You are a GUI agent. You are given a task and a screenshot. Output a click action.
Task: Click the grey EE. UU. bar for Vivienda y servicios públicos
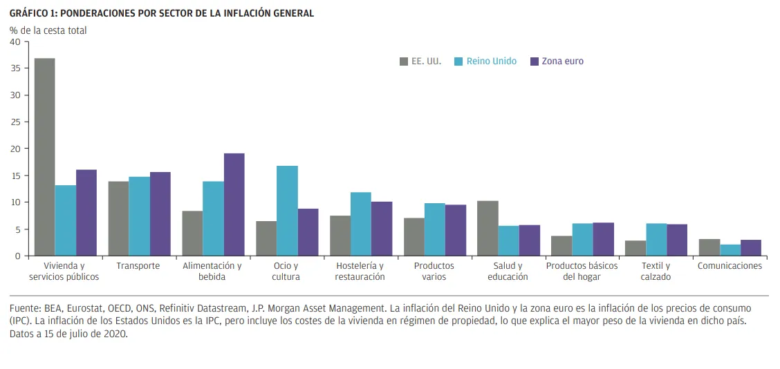pyautogui.click(x=45, y=157)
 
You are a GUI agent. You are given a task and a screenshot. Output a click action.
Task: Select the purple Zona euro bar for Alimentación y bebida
pyautogui.click(x=234, y=205)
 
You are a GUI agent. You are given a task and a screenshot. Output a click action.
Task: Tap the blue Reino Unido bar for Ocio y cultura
pyautogui.click(x=287, y=211)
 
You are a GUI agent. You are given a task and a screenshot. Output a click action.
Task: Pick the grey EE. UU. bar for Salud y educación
pyautogui.click(x=488, y=228)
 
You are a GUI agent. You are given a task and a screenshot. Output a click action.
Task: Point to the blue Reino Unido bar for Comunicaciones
pyautogui.click(x=730, y=250)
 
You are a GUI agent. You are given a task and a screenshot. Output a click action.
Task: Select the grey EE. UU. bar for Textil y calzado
pyautogui.click(x=635, y=248)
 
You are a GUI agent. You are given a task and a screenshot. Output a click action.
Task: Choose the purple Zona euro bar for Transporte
pyautogui.click(x=160, y=214)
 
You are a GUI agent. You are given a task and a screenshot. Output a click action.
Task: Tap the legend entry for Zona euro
pyautogui.click(x=562, y=61)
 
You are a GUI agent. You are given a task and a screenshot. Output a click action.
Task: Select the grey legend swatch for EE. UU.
pyautogui.click(x=404, y=61)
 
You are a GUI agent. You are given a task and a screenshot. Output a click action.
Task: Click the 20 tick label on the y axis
pyautogui.click(x=15, y=149)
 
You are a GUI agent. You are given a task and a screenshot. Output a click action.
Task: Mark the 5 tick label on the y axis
pyautogui.click(x=17, y=229)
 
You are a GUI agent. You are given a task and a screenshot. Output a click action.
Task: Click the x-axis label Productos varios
pyautogui.click(x=434, y=271)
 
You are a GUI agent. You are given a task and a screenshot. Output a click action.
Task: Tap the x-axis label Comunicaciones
pyautogui.click(x=730, y=266)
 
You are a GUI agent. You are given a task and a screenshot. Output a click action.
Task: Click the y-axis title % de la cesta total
pyautogui.click(x=48, y=30)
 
